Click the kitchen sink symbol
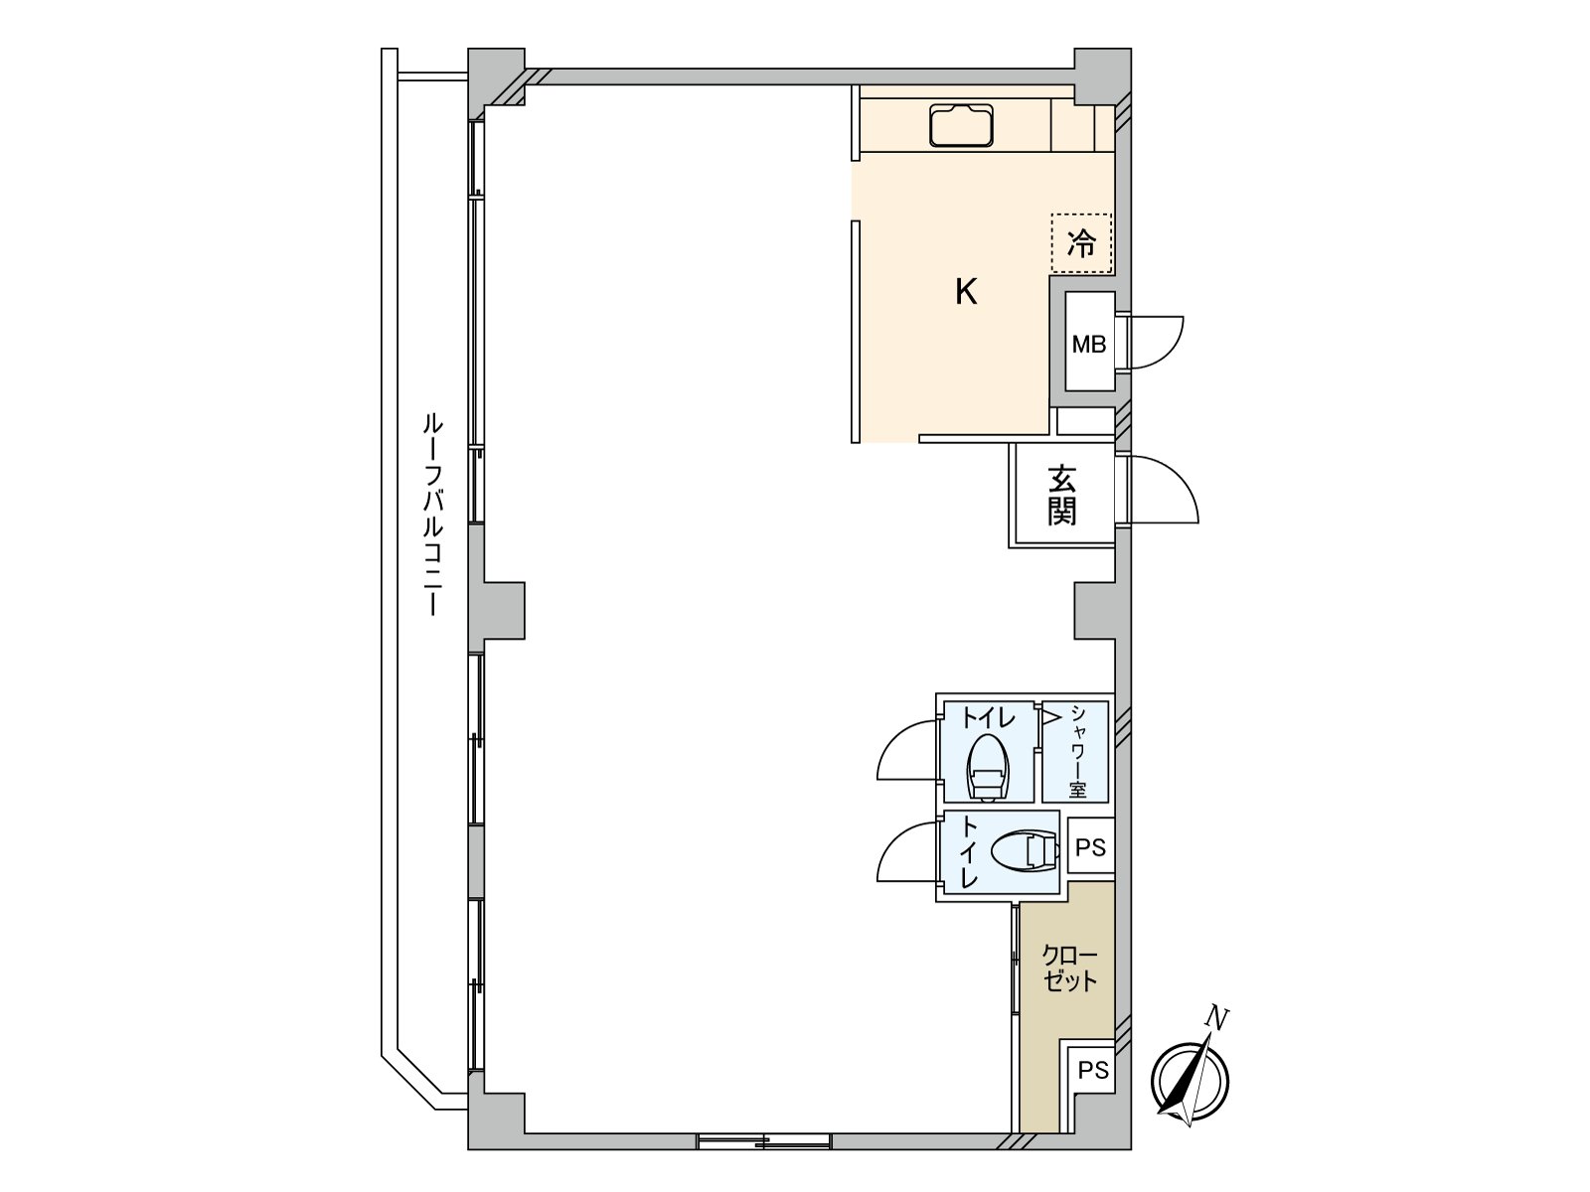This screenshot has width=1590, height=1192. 961,126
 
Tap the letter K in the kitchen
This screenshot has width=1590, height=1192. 966,292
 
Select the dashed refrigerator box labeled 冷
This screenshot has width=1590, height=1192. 1081,242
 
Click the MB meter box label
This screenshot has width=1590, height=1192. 1088,345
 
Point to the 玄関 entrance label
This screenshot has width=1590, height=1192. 1061,496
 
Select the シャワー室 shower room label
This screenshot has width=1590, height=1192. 1076,752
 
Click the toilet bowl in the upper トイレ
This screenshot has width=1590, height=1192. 988,767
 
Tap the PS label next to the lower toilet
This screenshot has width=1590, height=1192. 1090,847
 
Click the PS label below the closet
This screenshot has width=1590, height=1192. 1093,1071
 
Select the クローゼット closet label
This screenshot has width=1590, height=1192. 1069,968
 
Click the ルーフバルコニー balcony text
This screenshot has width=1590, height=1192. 432,515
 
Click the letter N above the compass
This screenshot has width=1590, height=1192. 1216,1017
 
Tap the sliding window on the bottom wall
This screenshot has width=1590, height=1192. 763,1141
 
